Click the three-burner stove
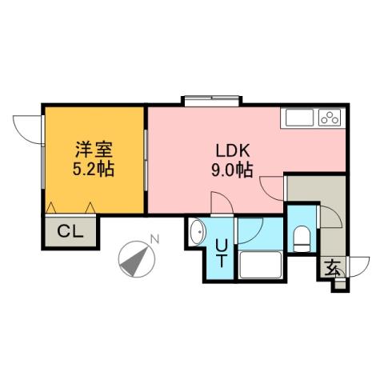point(330,118)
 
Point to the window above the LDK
point(210,102)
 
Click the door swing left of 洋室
point(28,128)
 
